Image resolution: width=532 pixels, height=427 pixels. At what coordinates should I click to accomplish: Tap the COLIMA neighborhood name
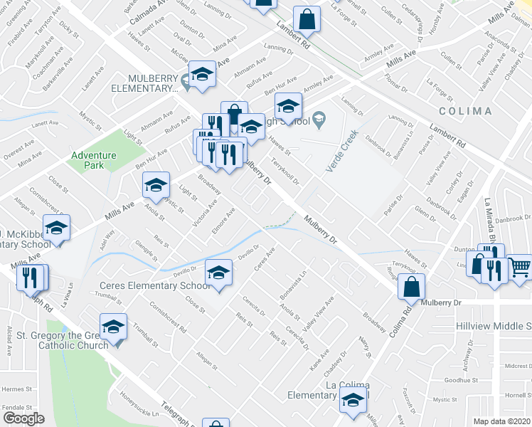465,111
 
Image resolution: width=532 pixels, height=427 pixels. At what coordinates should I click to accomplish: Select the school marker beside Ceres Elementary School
219,273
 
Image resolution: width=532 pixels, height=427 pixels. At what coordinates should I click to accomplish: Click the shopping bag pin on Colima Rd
411,287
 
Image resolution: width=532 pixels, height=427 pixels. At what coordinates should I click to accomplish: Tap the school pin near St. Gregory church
113,327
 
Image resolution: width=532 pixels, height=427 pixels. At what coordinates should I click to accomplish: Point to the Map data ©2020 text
501,421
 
